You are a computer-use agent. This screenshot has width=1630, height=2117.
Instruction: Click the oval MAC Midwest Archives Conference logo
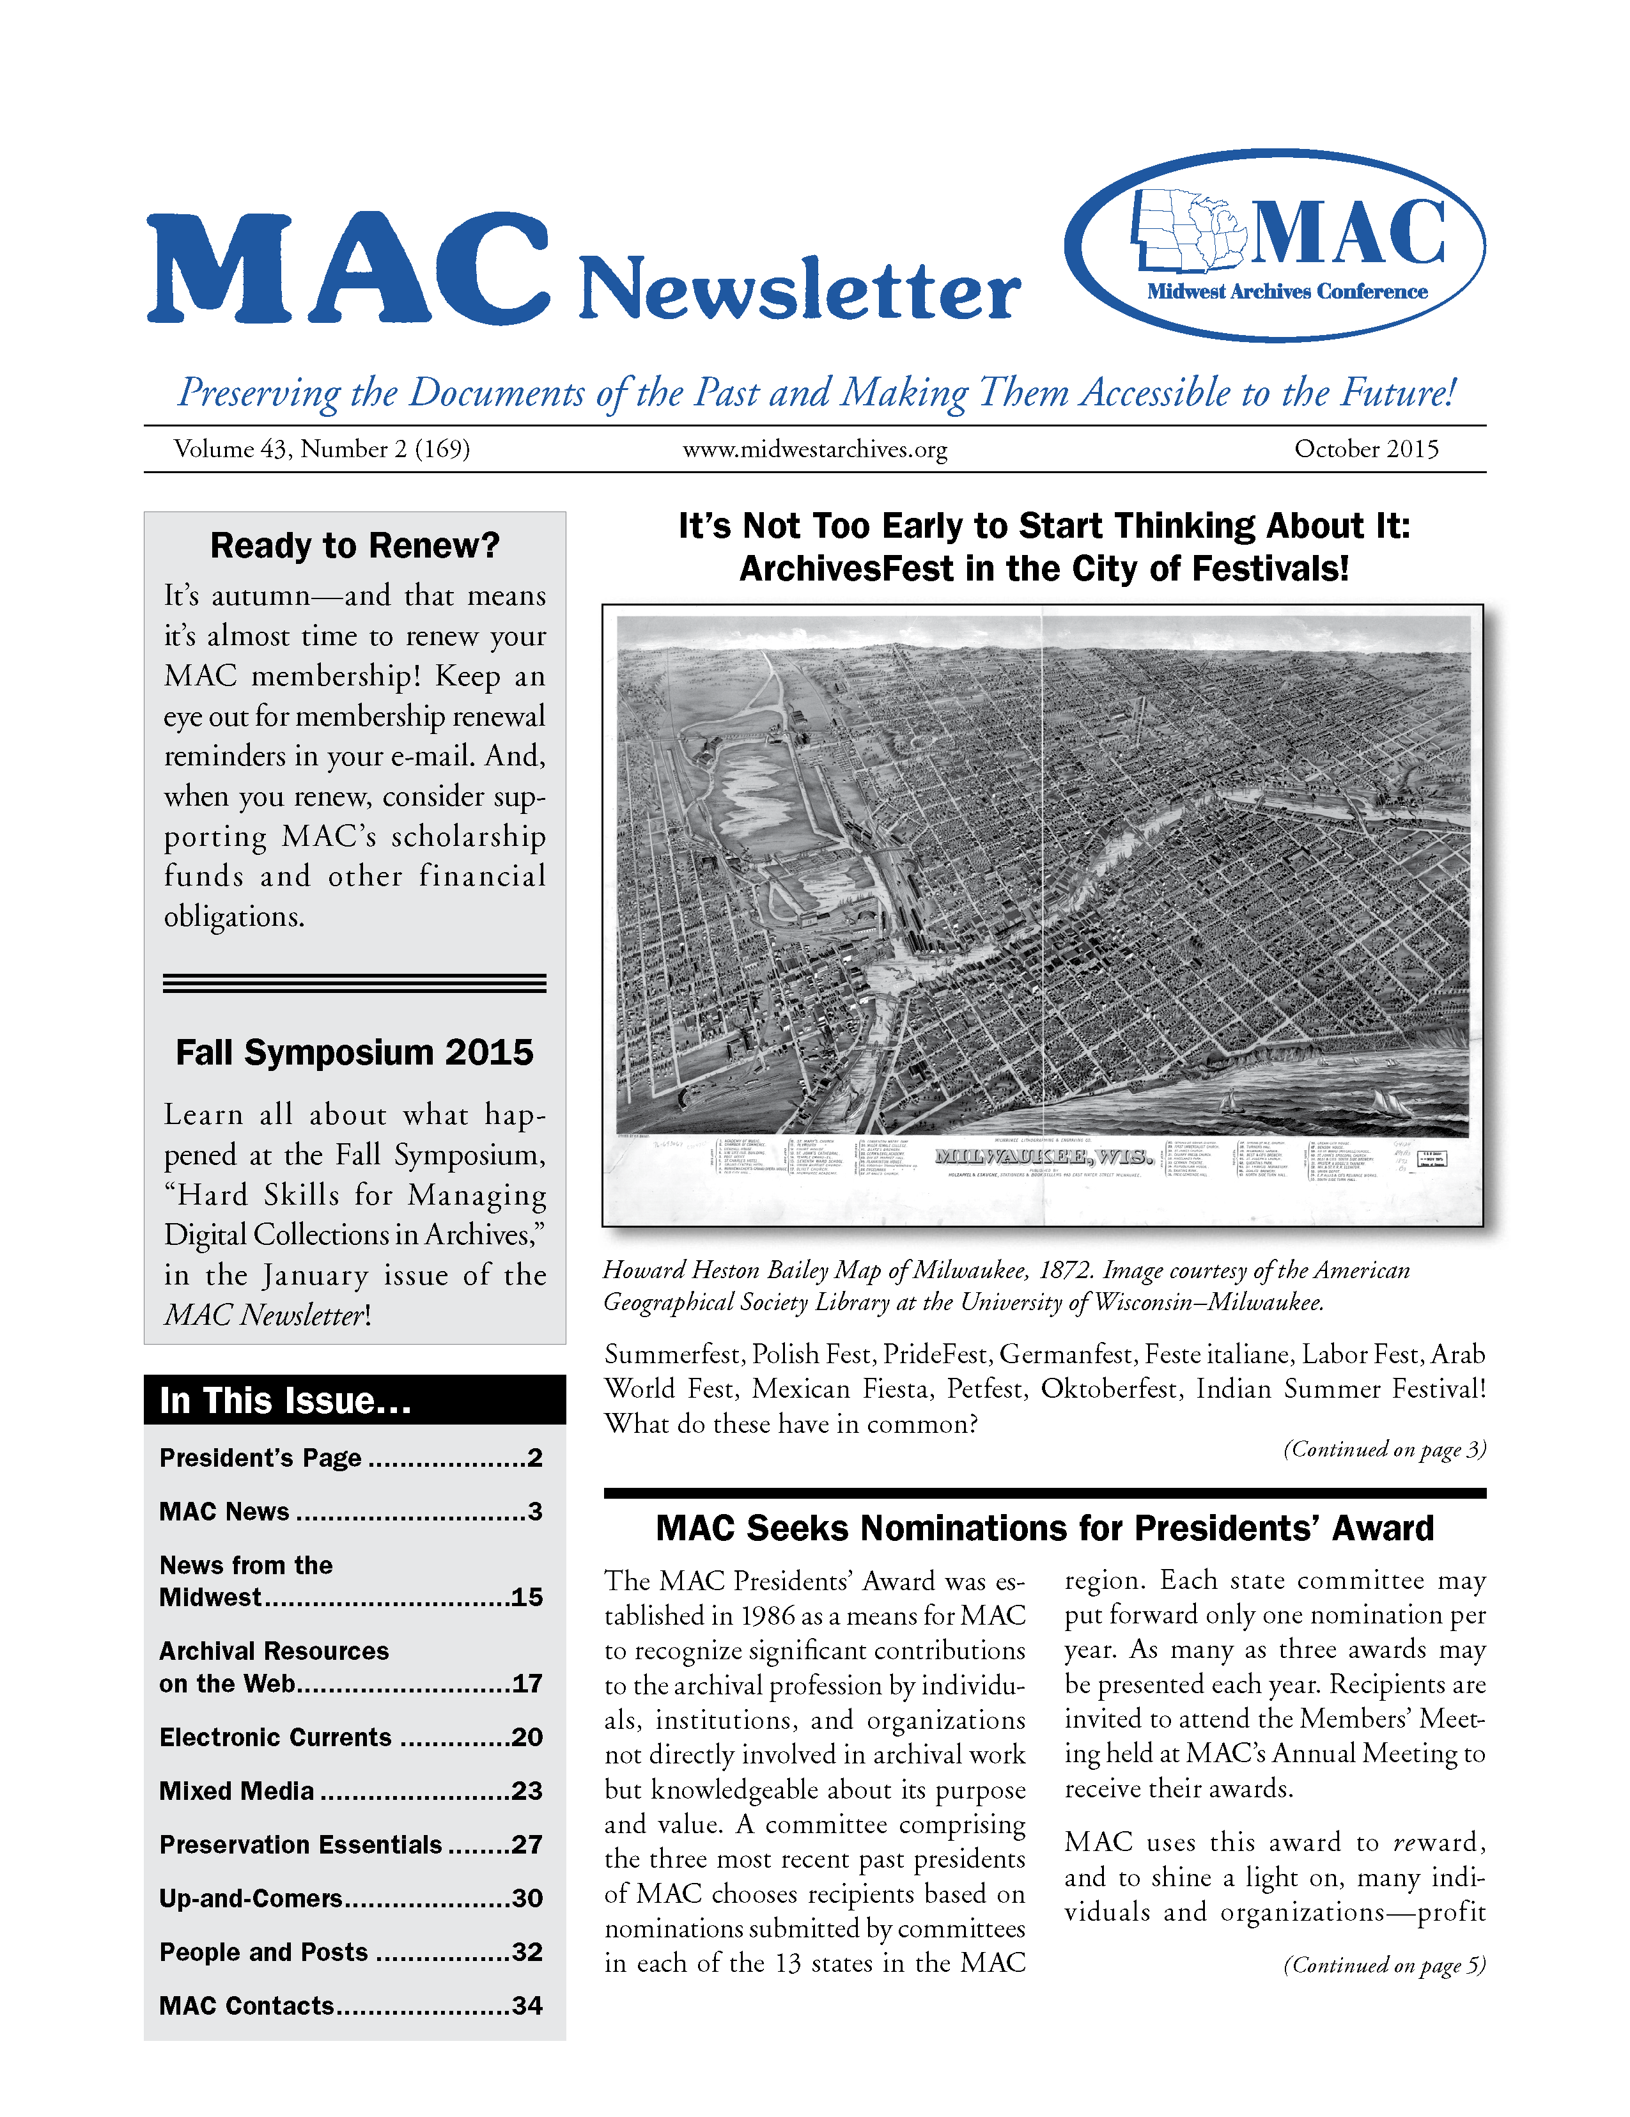(1275, 246)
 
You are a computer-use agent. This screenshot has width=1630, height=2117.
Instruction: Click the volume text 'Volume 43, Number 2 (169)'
(322, 449)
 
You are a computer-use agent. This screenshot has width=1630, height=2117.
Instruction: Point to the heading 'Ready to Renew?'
(355, 546)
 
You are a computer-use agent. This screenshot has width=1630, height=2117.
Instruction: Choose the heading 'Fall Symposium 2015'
(355, 1052)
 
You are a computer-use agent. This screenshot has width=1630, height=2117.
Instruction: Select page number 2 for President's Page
(535, 1458)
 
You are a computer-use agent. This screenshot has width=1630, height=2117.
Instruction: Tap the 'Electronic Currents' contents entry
(276, 1737)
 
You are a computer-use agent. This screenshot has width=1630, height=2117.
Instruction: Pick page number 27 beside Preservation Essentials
(527, 1845)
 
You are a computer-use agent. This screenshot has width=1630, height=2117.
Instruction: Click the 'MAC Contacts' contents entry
(247, 2006)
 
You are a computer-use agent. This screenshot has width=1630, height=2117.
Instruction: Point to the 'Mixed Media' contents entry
(237, 1792)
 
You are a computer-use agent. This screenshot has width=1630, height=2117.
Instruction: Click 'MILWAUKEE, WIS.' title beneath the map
(1044, 1157)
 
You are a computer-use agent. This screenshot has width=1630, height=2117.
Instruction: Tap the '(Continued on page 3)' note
(1384, 1449)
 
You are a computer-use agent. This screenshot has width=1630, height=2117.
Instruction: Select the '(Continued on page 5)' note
(1384, 1965)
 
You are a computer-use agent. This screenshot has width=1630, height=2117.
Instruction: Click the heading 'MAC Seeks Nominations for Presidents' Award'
(1044, 1529)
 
